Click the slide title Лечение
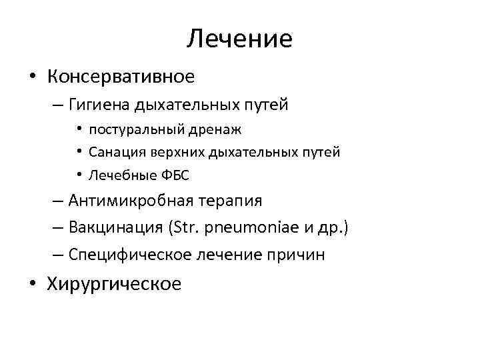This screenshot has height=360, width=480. click(x=239, y=39)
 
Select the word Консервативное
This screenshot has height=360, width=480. click(x=121, y=77)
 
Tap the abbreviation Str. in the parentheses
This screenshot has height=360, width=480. click(x=192, y=227)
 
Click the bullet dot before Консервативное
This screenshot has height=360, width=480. click(x=33, y=77)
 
